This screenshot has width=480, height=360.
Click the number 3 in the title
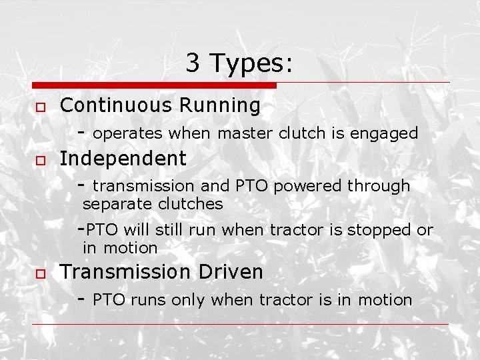[193, 63]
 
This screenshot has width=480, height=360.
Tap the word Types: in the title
[251, 64]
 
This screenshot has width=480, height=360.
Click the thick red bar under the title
[154, 85]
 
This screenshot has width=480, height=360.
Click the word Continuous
[107, 105]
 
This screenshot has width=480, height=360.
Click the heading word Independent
[123, 159]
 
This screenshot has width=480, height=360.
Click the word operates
[128, 134]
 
